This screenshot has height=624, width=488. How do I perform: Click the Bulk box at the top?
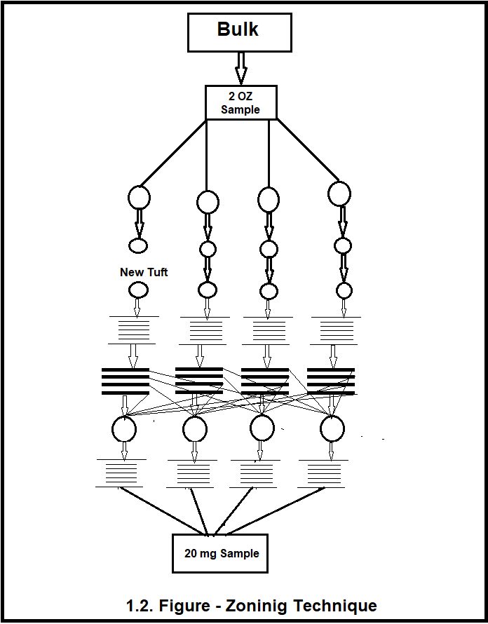pyautogui.click(x=239, y=32)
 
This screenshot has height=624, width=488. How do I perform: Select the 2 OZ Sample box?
pyautogui.click(x=240, y=102)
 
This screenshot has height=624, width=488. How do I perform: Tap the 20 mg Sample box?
pyautogui.click(x=221, y=552)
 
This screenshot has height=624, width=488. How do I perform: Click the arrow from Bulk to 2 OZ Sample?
pyautogui.click(x=240, y=68)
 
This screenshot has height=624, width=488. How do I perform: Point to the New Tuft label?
pyautogui.click(x=144, y=272)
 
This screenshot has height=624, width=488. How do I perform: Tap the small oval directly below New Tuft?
pyautogui.click(x=138, y=290)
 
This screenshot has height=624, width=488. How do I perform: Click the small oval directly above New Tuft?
pyautogui.click(x=138, y=245)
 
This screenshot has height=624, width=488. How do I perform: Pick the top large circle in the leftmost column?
pyautogui.click(x=139, y=197)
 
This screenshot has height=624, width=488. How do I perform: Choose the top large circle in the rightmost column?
pyautogui.click(x=339, y=194)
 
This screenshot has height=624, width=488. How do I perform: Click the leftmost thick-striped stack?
pyautogui.click(x=126, y=381)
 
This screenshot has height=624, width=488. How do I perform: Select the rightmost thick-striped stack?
pyautogui.click(x=331, y=381)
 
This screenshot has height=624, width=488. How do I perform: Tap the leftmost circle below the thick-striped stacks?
pyautogui.click(x=124, y=428)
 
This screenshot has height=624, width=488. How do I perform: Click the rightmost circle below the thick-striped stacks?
pyautogui.click(x=332, y=429)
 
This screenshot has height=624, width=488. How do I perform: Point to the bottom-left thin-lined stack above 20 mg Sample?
pyautogui.click(x=121, y=473)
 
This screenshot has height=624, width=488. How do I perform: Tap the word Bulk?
pyautogui.click(x=238, y=29)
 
